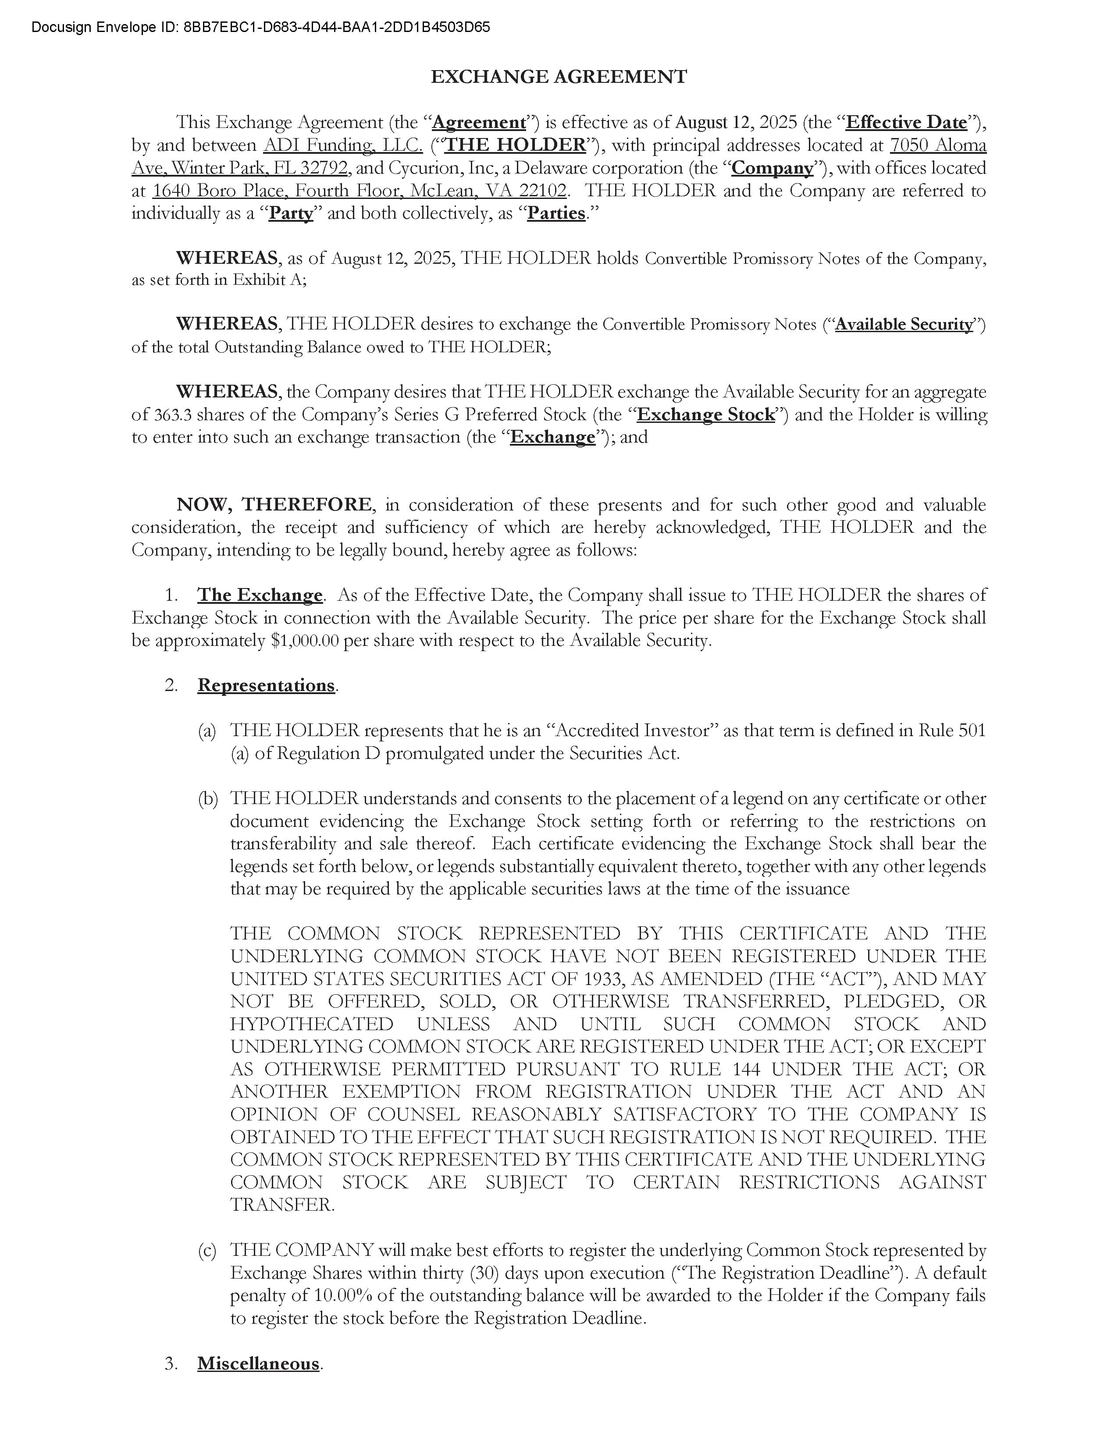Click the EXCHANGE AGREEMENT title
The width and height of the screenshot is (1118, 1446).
pos(558,77)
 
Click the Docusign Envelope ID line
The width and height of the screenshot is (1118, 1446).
pos(260,27)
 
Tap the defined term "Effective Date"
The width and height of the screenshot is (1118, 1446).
pos(906,123)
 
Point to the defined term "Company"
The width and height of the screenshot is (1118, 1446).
pos(772,168)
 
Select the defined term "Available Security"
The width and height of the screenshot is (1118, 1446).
pos(904,324)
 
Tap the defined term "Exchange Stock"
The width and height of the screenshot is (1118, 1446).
pos(705,415)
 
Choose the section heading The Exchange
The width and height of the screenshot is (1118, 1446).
pos(260,595)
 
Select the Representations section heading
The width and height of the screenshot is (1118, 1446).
pos(266,685)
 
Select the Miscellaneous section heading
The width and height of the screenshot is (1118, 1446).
pos(258,1364)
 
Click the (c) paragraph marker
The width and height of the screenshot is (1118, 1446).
pos(207,1251)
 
